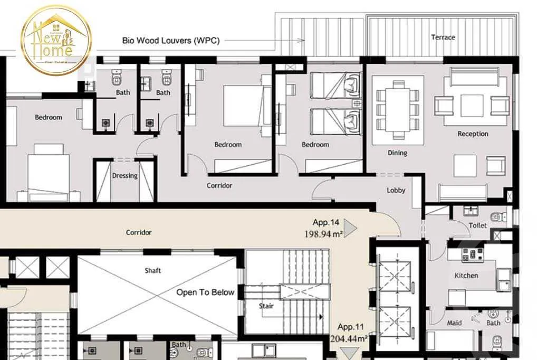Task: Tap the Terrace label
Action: tap(443, 37)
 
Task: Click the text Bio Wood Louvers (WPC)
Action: tap(170, 40)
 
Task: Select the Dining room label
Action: tap(397, 153)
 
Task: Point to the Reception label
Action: tap(473, 134)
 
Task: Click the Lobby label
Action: tap(396, 190)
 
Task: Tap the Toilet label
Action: tap(477, 225)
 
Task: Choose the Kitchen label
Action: tap(466, 276)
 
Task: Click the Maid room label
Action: tap(454, 323)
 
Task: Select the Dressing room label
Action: tap(124, 176)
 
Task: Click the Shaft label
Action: tap(153, 271)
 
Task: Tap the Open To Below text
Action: tap(205, 292)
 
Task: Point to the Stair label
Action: tap(266, 306)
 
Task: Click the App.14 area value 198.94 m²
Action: tap(323, 234)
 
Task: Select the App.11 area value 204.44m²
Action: tap(349, 339)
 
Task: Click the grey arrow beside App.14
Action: tap(350, 228)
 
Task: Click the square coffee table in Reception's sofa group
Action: tap(472, 105)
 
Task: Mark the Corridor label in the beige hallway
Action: tap(139, 232)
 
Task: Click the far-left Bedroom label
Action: tap(49, 117)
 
